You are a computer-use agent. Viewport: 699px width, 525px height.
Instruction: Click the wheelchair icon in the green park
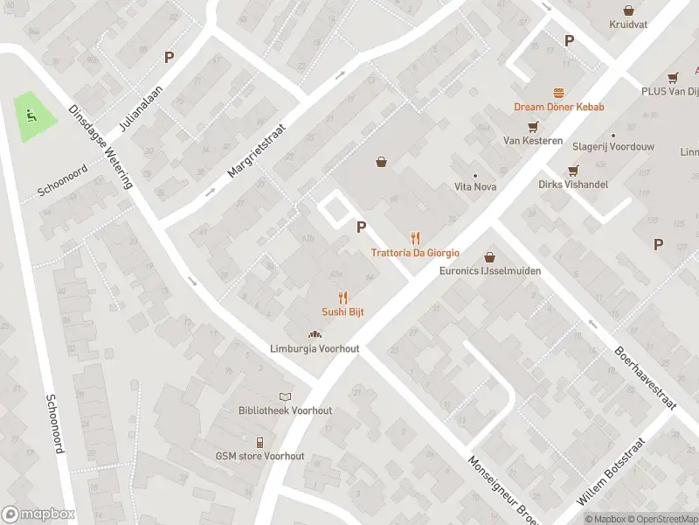pos(31,115)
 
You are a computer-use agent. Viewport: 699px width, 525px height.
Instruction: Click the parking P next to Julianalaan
pos(170,58)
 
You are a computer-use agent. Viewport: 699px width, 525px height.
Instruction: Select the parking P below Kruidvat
pos(569,40)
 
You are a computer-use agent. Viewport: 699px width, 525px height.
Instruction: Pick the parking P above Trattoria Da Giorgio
pos(360,227)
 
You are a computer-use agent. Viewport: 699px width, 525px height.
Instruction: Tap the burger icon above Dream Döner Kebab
pos(558,93)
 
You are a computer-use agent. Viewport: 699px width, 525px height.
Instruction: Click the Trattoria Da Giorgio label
pos(415,253)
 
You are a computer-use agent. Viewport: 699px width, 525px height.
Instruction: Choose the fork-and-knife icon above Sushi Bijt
pos(343,297)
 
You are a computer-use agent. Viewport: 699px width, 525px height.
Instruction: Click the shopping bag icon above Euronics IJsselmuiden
pos(489,257)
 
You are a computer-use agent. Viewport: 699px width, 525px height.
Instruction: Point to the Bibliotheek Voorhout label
pos(285,410)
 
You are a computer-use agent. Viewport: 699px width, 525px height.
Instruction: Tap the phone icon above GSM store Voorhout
pos(260,442)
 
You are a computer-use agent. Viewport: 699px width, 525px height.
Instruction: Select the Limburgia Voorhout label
pos(314,348)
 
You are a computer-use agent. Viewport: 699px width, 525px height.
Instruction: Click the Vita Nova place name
pos(474,186)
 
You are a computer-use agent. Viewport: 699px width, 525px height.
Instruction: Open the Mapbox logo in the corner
pos(38,514)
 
